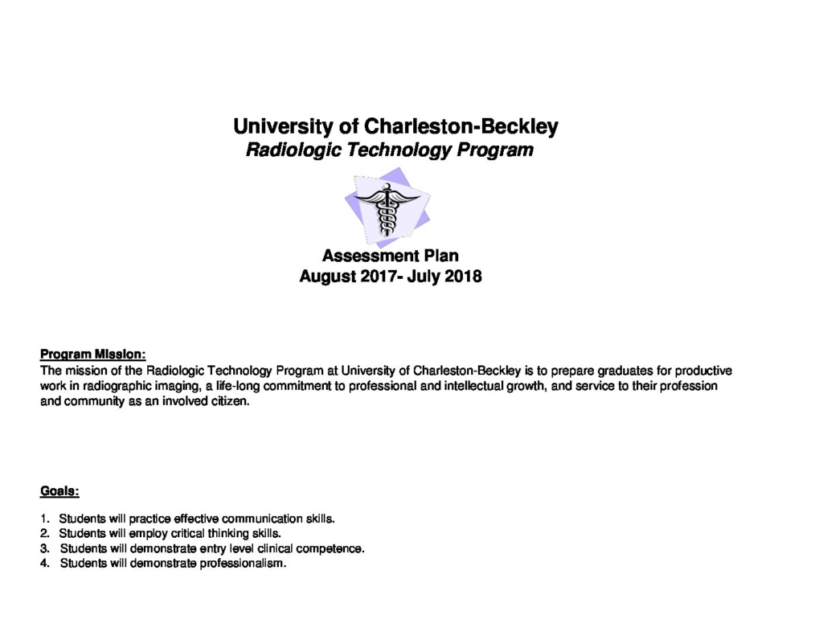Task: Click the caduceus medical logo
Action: pos(387,207)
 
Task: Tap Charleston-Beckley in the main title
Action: pos(461,126)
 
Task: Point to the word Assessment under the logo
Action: pos(367,256)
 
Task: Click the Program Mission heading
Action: pos(93,354)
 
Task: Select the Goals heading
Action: pos(59,490)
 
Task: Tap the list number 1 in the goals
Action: pos(44,519)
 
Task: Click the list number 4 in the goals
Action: pos(44,564)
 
